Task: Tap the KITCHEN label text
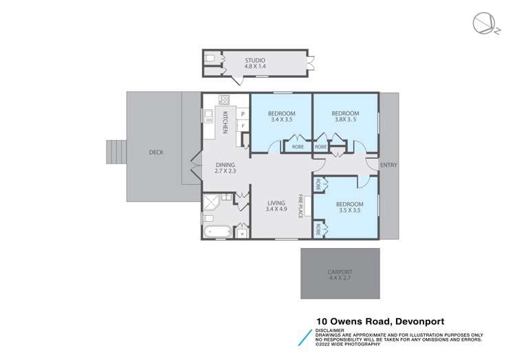(x=224, y=124)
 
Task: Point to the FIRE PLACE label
(x=300, y=205)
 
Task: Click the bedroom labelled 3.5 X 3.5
(x=349, y=208)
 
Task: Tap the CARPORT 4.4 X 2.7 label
(x=340, y=276)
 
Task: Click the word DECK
(x=156, y=153)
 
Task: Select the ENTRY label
(x=388, y=165)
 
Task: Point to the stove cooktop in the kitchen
(x=223, y=100)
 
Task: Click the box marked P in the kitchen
(x=243, y=113)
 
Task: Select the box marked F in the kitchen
(x=243, y=126)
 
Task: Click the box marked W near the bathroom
(x=241, y=233)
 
